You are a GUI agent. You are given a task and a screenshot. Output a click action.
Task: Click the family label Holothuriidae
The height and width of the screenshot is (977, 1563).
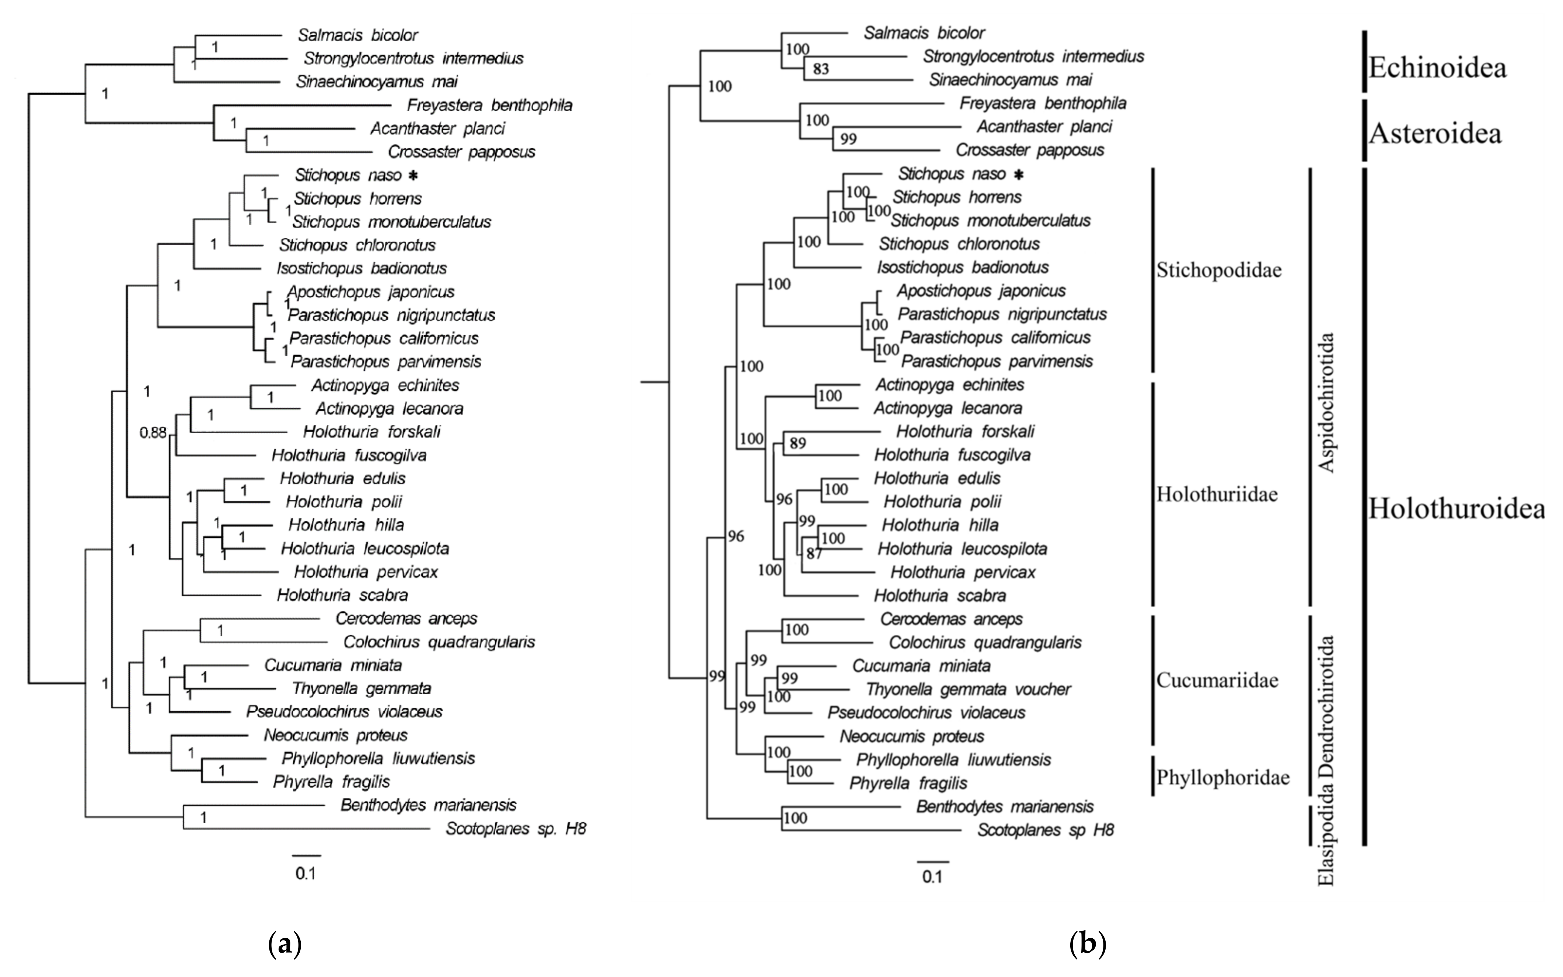pyautogui.click(x=1217, y=494)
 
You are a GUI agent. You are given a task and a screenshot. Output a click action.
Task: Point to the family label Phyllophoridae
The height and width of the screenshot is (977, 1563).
pyautogui.click(x=1222, y=777)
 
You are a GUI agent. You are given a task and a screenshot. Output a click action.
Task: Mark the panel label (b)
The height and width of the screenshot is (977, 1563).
pyautogui.click(x=1088, y=945)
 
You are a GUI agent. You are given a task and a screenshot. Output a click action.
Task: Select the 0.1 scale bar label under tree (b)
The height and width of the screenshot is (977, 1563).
pyautogui.click(x=932, y=877)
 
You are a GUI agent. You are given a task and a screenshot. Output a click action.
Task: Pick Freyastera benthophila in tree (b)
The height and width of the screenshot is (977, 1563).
pyautogui.click(x=1042, y=104)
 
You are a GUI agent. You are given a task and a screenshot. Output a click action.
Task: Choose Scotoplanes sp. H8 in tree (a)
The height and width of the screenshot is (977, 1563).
pyautogui.click(x=516, y=828)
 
